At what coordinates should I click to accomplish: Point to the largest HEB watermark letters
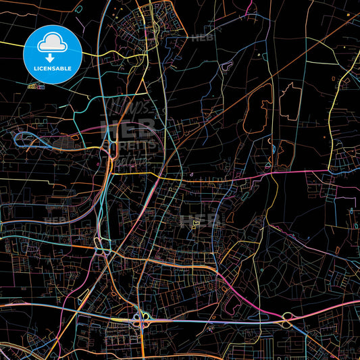point(128,129)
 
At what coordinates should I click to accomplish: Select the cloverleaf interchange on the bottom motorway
point(143,320)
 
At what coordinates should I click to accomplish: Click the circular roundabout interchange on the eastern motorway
point(288,317)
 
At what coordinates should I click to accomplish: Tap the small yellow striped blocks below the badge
point(36,86)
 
